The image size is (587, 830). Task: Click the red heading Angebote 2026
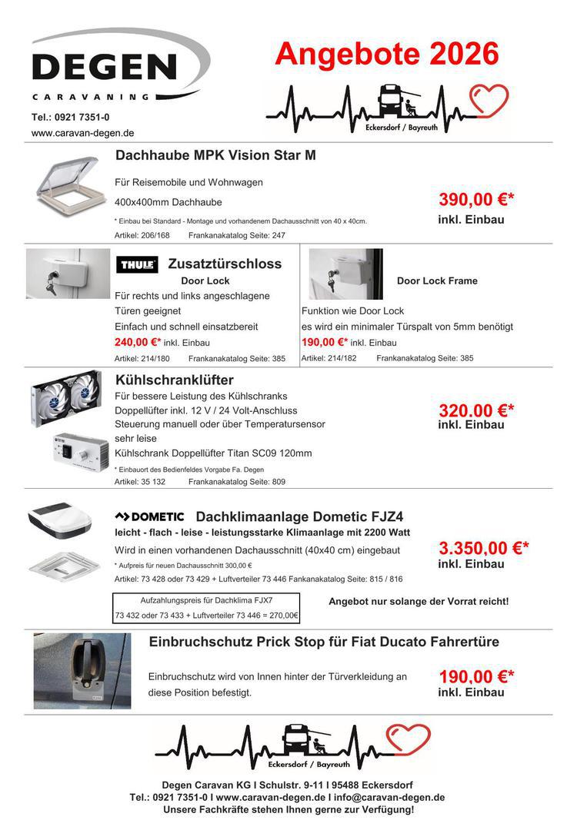[x=386, y=54]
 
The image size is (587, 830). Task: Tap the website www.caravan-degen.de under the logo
[x=82, y=133]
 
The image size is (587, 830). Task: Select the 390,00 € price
[x=476, y=201]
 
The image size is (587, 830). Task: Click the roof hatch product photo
[x=68, y=188]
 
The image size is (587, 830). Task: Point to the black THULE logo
[x=138, y=265]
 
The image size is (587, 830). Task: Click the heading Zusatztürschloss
[x=225, y=264]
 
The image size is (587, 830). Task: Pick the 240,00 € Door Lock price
[x=138, y=342]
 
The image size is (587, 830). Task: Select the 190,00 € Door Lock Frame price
[x=324, y=342]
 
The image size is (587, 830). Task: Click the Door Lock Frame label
[x=437, y=281]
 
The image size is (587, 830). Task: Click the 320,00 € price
[x=476, y=410]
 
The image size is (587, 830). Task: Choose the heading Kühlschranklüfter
[x=175, y=380]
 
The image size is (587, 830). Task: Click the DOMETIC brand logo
[x=149, y=516]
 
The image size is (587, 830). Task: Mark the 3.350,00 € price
[x=484, y=549]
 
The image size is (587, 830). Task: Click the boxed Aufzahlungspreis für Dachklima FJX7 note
[x=206, y=608]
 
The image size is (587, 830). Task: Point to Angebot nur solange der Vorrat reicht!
[x=419, y=601]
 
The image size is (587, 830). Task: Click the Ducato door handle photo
[x=82, y=670]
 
